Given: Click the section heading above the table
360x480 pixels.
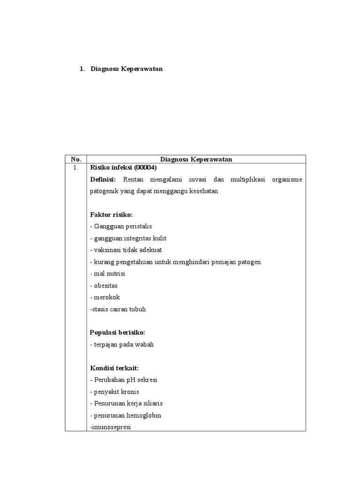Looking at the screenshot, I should coord(126,69).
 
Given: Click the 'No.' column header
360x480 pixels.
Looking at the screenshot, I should coord(76,159).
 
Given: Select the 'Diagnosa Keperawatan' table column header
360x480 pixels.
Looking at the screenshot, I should coord(196,159).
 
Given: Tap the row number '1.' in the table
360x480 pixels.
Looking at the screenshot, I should coord(76,167).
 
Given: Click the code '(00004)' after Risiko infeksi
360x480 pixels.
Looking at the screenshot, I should coord(145,167).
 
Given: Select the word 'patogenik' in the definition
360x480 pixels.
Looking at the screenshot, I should coord(105,191).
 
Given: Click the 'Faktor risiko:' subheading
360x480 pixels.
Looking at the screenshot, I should coord(111,214).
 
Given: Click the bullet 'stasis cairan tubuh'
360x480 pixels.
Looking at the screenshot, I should coord(118,309).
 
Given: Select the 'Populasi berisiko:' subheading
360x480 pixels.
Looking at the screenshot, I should coord(118,332).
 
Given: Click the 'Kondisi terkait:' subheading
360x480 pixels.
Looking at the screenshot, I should coord(114,367).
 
